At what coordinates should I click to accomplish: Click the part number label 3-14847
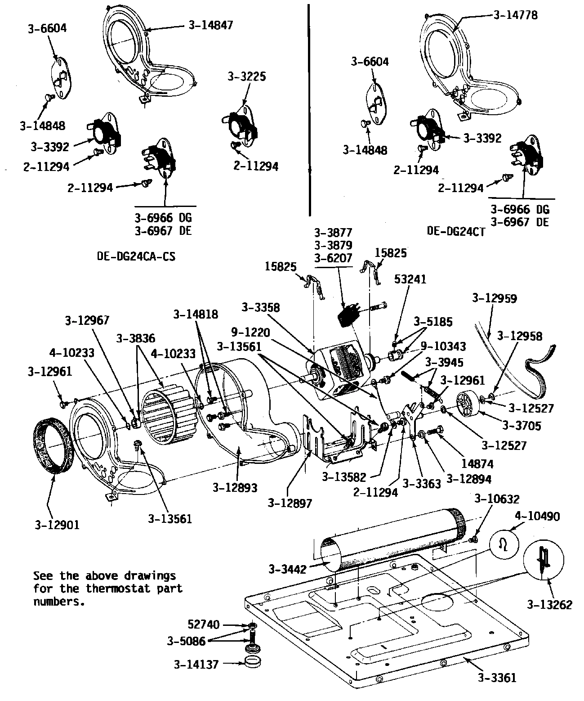tap(211, 25)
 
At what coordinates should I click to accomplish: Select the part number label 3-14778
tap(515, 15)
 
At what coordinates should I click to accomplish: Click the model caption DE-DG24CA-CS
tap(136, 256)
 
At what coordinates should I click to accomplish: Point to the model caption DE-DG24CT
tap(456, 231)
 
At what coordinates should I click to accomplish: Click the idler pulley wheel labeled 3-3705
tap(468, 402)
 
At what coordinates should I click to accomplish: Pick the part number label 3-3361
tap(497, 677)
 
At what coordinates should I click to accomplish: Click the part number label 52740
tap(204, 625)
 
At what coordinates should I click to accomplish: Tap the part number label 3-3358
tap(260, 307)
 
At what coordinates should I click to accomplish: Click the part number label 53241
tap(410, 279)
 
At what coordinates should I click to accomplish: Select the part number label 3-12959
tap(495, 298)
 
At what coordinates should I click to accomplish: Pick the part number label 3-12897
tap(290, 503)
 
